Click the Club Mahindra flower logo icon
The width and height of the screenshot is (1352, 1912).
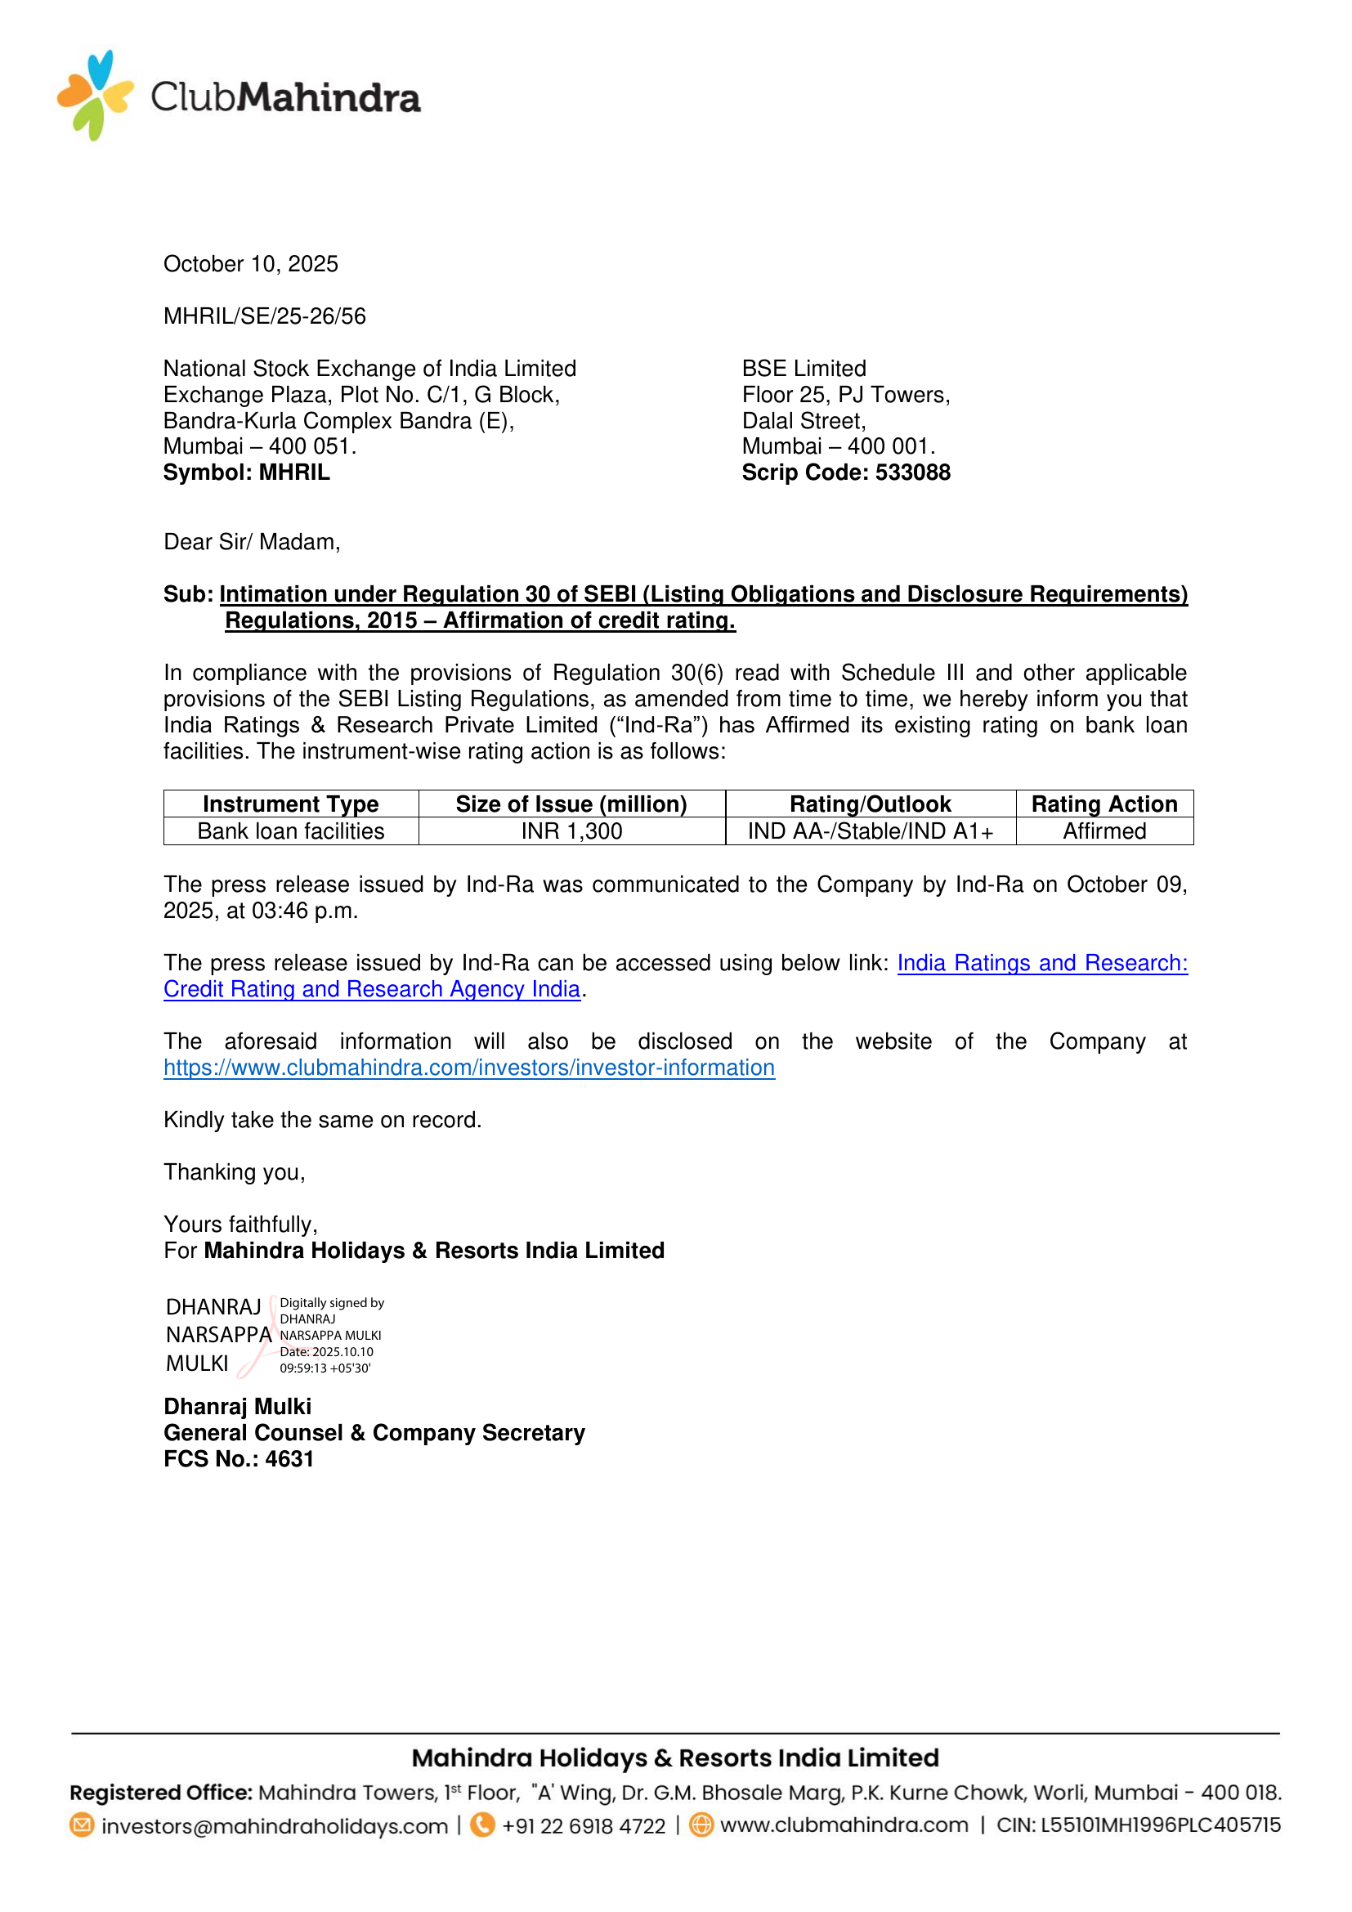[x=95, y=96]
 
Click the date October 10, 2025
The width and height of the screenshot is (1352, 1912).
[x=251, y=264]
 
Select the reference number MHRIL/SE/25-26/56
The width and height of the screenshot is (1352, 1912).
[x=264, y=316]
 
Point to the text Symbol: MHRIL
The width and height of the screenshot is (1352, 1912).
[x=246, y=472]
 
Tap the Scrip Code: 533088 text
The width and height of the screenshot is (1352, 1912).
[x=845, y=472]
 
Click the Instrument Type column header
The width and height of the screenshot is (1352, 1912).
[x=290, y=804]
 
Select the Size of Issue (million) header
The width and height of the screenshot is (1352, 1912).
[x=571, y=804]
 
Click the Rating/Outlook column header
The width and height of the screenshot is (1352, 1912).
[x=870, y=804]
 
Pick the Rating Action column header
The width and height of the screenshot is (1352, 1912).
[x=1104, y=804]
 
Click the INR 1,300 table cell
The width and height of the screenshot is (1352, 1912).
[x=571, y=831]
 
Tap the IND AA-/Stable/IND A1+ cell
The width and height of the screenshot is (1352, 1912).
[x=870, y=831]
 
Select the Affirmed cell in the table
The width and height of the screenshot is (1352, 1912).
[x=1104, y=831]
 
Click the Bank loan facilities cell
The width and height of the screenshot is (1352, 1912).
[x=290, y=831]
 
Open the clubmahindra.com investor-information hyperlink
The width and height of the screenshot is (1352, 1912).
[x=468, y=1068]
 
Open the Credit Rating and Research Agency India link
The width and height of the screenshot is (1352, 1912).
[x=371, y=989]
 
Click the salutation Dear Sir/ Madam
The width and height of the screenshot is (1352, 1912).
[x=252, y=542]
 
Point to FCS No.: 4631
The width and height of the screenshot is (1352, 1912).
[x=238, y=1459]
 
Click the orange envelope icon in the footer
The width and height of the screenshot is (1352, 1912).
[x=82, y=1825]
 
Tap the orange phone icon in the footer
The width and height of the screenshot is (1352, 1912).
[x=482, y=1825]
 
